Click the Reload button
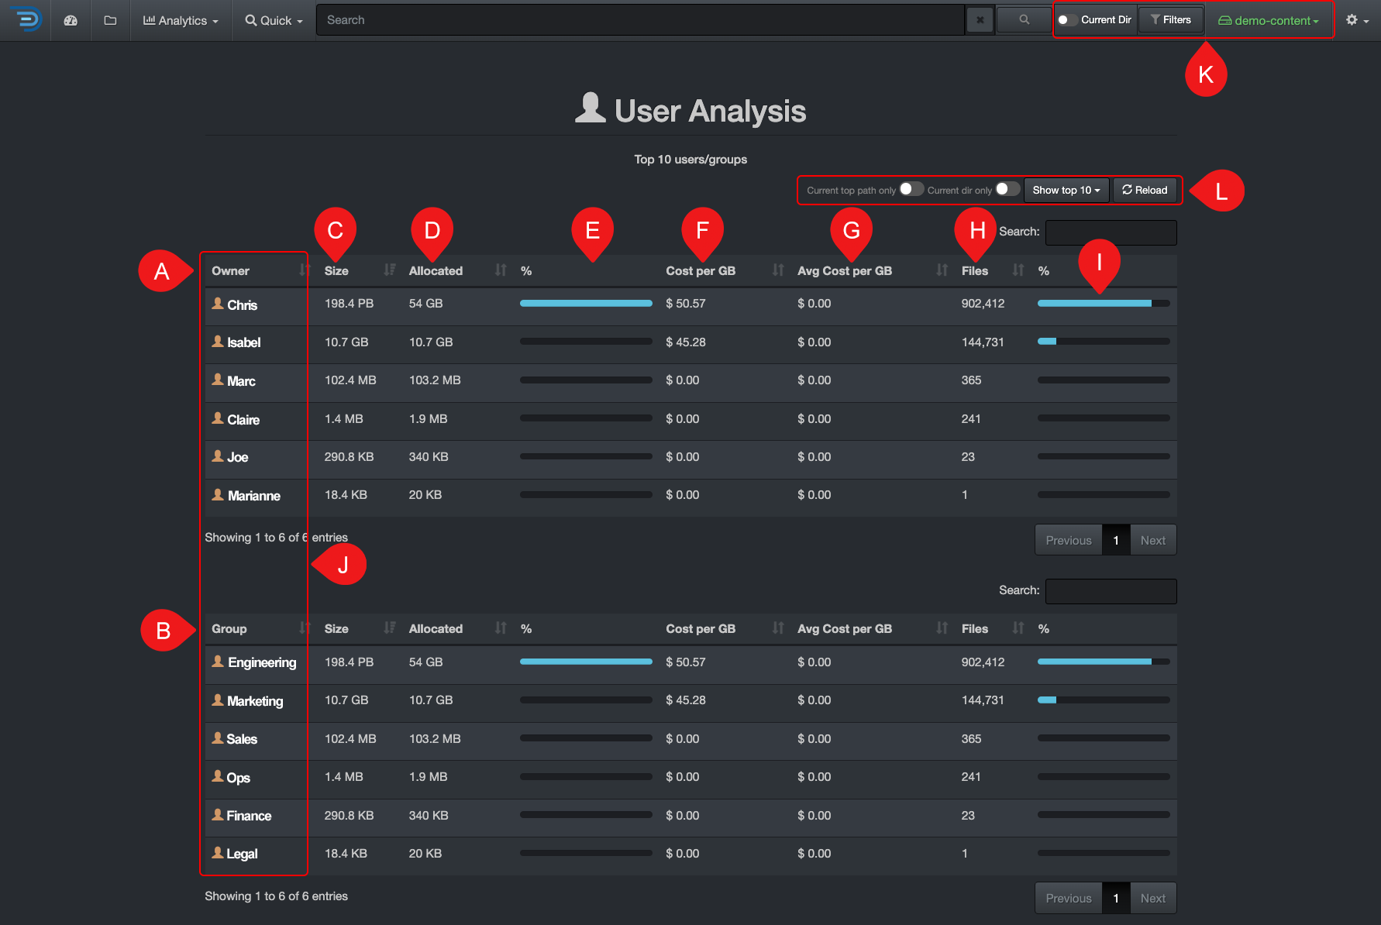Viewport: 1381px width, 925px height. (x=1145, y=191)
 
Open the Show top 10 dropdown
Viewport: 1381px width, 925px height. (x=1066, y=191)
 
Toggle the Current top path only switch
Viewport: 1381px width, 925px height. (x=911, y=189)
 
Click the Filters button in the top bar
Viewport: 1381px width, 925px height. (x=1170, y=20)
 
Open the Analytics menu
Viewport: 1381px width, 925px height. (x=181, y=21)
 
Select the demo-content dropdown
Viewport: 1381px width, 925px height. (x=1269, y=21)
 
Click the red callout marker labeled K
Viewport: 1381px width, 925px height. (x=1206, y=74)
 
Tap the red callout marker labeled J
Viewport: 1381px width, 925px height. (x=343, y=566)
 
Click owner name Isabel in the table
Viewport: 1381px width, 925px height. (x=243, y=342)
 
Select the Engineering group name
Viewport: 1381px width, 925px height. (x=261, y=662)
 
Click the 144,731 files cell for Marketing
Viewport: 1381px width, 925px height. (x=983, y=700)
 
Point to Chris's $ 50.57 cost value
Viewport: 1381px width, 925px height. (x=685, y=304)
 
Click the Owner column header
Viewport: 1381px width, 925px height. (x=231, y=271)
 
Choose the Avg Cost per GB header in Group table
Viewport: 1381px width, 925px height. (x=845, y=629)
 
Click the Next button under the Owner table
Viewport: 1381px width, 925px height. (x=1152, y=541)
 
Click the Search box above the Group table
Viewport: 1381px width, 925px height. (x=1111, y=591)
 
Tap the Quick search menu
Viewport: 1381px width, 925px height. (x=274, y=21)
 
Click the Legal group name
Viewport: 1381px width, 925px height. (x=242, y=854)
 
